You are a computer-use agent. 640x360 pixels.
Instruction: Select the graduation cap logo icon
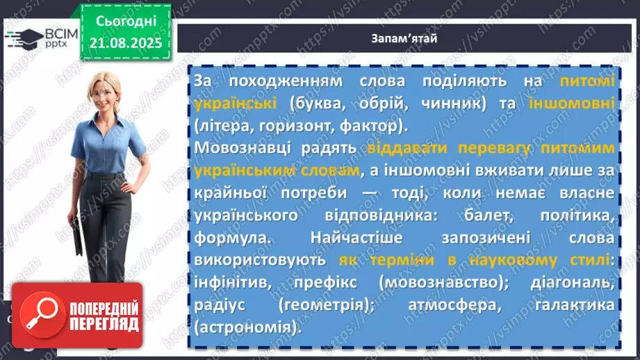pyautogui.click(x=22, y=39)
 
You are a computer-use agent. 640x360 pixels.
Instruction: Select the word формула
pyautogui.click(x=224, y=238)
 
